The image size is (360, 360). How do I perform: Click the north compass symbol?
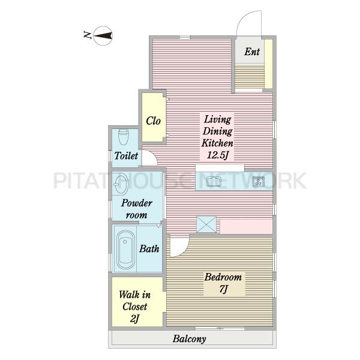[103, 35]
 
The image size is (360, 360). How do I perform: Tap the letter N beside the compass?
[87, 35]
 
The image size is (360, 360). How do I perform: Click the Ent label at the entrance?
[252, 52]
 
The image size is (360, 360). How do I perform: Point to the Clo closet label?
[153, 121]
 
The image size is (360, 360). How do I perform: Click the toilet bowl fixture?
[123, 137]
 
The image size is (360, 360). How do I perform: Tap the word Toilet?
[126, 155]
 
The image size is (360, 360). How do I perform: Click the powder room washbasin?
[121, 184]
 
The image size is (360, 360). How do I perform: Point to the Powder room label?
[137, 209]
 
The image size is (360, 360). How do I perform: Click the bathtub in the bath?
[125, 250]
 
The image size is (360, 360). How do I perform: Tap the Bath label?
[149, 248]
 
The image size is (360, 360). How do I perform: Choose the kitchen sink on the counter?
[214, 182]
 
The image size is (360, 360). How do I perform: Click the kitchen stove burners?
[258, 181]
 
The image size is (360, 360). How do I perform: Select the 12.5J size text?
[217, 155]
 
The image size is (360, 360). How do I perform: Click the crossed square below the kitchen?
[206, 224]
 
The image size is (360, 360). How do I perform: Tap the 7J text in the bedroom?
[223, 289]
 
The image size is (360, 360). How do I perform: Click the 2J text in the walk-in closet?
[134, 319]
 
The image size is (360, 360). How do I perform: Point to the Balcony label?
[190, 339]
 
